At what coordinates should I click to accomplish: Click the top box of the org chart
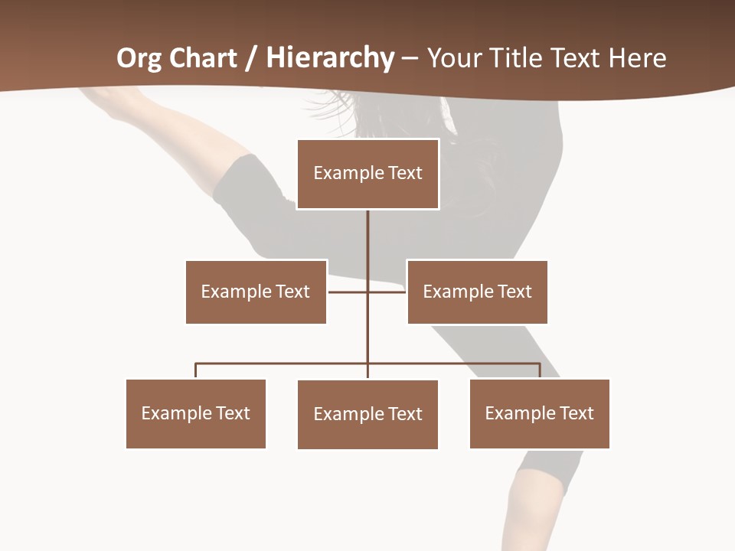click(367, 174)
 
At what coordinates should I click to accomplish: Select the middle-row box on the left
click(256, 292)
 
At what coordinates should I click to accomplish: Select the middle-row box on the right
click(477, 292)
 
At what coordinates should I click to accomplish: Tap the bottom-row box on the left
click(196, 413)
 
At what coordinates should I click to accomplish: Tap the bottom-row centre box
click(367, 414)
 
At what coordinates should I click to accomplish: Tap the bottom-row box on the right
click(540, 413)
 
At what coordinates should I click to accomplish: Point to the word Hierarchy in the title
click(330, 58)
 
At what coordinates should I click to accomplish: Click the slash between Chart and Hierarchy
click(250, 58)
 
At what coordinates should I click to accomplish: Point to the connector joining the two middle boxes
click(348, 292)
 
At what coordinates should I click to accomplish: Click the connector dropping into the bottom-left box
click(196, 370)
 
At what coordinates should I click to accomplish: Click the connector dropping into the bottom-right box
click(540, 370)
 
